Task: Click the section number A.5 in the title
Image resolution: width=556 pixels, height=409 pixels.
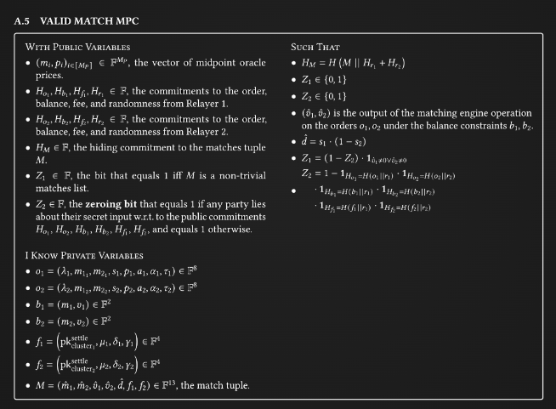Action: pos(24,19)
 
